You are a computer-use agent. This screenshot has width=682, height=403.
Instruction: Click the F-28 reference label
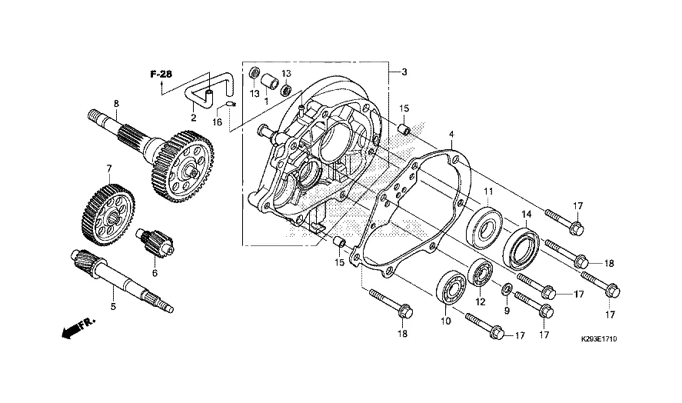161,74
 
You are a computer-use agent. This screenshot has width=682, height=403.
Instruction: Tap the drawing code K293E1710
599,338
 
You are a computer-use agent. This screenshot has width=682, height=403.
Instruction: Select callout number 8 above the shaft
116,104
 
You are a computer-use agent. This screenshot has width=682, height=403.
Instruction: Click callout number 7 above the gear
109,168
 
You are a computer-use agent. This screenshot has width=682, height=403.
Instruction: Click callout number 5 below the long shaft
113,306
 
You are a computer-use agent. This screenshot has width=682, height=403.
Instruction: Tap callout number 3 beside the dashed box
404,72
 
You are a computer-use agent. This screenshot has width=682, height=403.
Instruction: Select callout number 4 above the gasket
451,134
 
